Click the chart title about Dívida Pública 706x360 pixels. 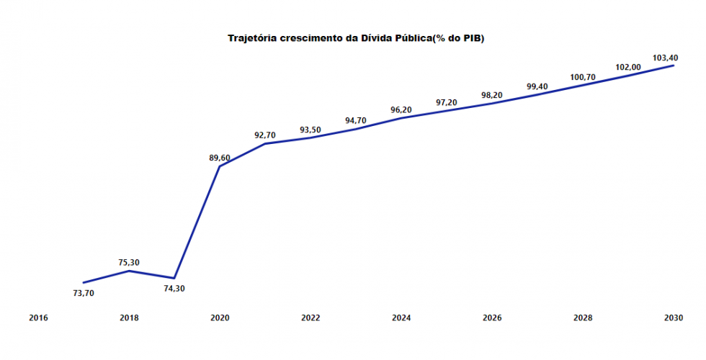(356, 37)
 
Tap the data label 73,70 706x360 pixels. (84, 293)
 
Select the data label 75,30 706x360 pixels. (129, 262)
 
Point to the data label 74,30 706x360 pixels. (174, 289)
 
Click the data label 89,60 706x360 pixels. (220, 158)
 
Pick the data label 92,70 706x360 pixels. (265, 135)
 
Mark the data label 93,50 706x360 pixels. (310, 130)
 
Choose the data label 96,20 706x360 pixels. (401, 109)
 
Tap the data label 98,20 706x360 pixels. (492, 95)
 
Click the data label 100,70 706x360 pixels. (583, 77)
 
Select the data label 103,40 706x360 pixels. (663, 57)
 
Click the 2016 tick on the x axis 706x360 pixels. (38, 318)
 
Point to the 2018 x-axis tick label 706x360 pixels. (129, 318)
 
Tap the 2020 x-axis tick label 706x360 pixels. (220, 318)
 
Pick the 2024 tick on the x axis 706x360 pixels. (401, 318)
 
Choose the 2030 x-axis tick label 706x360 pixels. (674, 318)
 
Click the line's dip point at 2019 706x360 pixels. (174, 278)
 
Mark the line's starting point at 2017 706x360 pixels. (84, 282)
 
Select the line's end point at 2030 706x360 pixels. (674, 66)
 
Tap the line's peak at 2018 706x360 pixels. (129, 271)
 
